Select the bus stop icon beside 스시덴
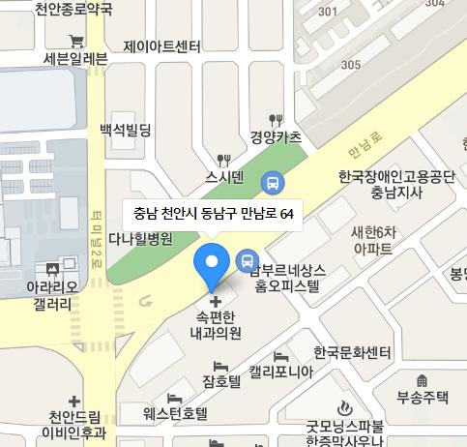(x=274, y=180)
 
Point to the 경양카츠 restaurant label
(x=277, y=135)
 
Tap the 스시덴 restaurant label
(x=225, y=176)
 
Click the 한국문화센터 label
(x=350, y=351)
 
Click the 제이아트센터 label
(x=161, y=46)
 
